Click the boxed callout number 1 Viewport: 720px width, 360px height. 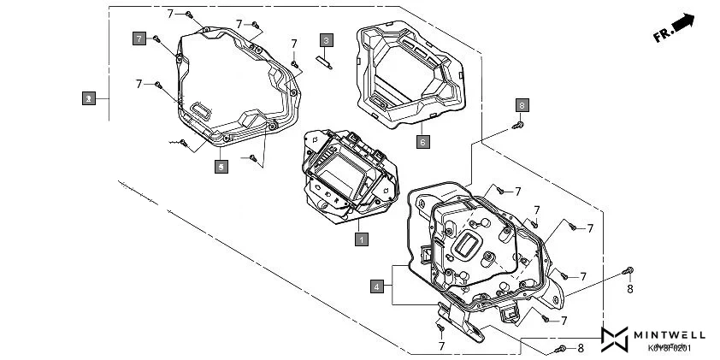pyautogui.click(x=362, y=239)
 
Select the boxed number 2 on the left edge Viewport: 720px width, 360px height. pyautogui.click(x=88, y=98)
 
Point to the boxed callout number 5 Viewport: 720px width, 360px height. pyautogui.click(x=221, y=167)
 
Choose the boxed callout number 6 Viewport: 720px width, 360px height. pyautogui.click(x=422, y=141)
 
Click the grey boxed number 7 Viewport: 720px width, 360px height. pyautogui.click(x=139, y=38)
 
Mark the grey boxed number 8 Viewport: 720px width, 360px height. pyautogui.click(x=522, y=105)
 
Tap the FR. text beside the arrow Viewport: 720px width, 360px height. pyautogui.click(x=661, y=36)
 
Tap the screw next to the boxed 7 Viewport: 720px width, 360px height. pyautogui.click(x=157, y=39)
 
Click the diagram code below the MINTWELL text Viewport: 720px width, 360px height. pyautogui.click(x=670, y=348)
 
